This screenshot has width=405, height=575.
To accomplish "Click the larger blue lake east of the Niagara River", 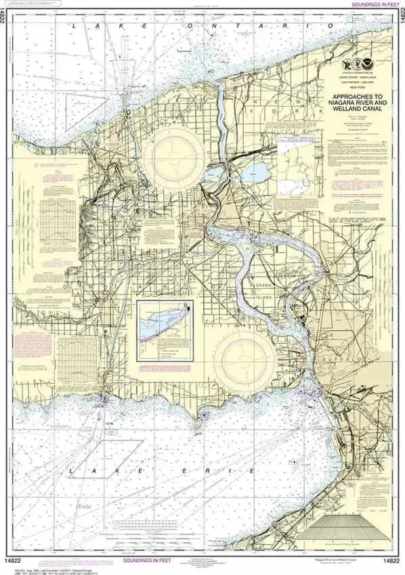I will tap(256, 173).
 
